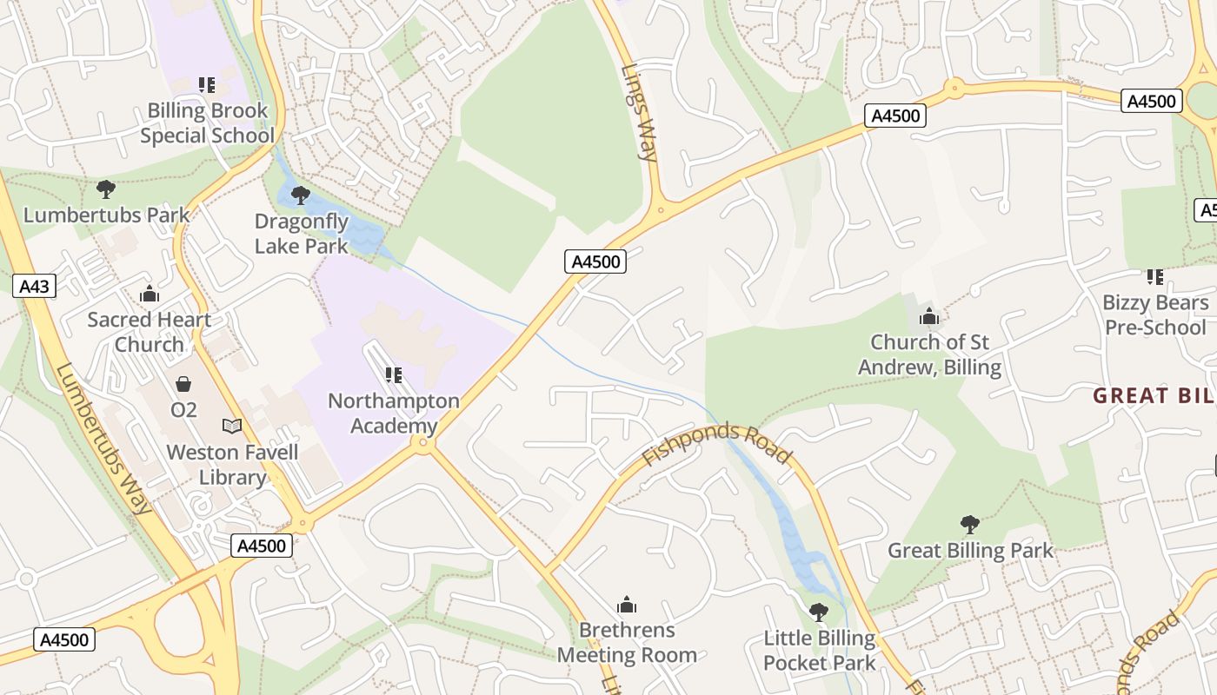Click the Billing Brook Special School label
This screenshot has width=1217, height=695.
[x=207, y=123]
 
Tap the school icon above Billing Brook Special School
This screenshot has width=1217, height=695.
[x=207, y=85]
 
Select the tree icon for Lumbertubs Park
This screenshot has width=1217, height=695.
[x=106, y=189]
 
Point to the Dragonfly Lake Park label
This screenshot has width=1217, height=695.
[x=302, y=234]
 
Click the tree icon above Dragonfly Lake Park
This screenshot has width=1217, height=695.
[x=301, y=195]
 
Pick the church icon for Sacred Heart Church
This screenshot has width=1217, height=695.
[x=150, y=294]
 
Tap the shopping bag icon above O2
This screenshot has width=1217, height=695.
[x=183, y=383]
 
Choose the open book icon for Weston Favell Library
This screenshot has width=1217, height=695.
[x=232, y=426]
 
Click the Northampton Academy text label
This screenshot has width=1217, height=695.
[x=394, y=414]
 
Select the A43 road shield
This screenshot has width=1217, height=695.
[x=35, y=286]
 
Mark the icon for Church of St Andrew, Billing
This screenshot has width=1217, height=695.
[x=929, y=317]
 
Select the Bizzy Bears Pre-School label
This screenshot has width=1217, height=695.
[x=1155, y=314]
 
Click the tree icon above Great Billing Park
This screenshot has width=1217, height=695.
[x=970, y=525]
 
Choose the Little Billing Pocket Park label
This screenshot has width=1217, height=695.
[x=820, y=651]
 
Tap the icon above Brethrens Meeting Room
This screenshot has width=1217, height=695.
[x=627, y=605]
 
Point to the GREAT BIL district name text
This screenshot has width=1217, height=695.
[x=1154, y=396]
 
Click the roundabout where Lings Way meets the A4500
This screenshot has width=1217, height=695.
[x=662, y=208]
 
